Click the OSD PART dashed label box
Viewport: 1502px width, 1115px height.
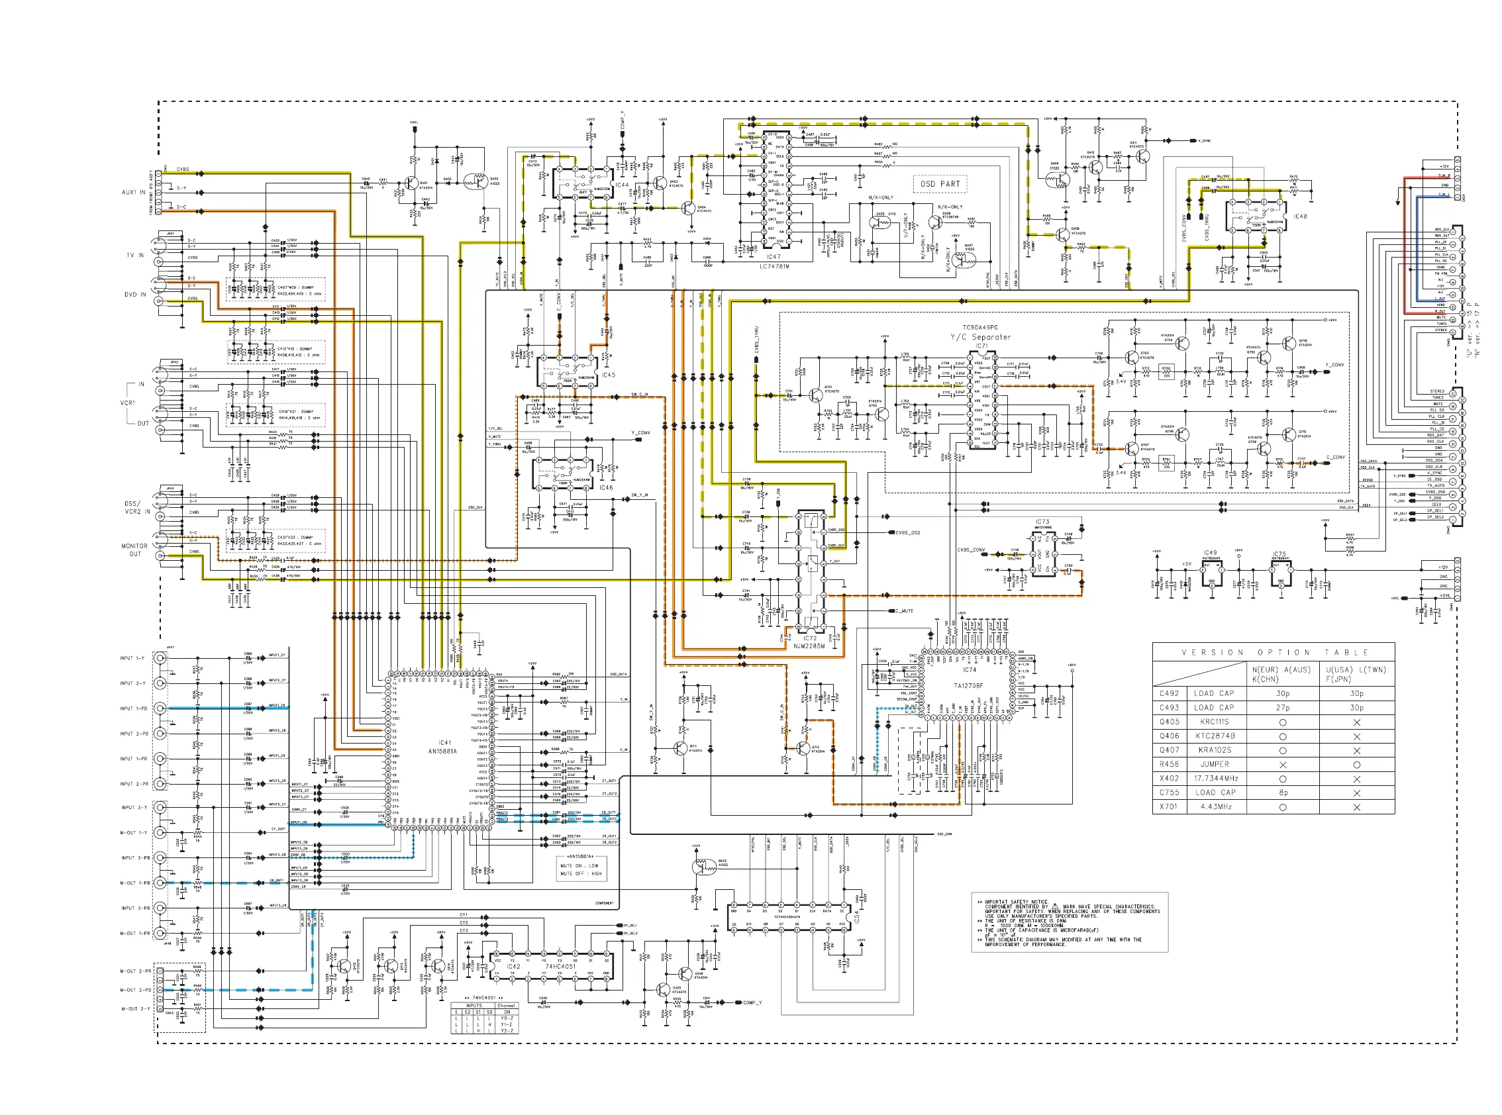[x=940, y=183]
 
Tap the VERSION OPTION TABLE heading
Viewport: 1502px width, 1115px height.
[x=1274, y=653]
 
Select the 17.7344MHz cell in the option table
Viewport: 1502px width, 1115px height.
[x=1215, y=778]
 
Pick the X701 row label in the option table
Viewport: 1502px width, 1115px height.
[x=1168, y=806]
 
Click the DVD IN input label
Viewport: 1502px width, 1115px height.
[x=135, y=294]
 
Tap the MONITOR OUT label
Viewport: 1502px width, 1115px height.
[x=134, y=550]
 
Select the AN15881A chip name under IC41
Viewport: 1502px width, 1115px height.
[x=443, y=751]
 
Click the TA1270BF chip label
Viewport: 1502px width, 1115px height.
[x=968, y=686]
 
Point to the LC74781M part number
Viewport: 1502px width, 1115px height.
[x=774, y=266]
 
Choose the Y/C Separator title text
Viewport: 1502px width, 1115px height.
[x=980, y=337]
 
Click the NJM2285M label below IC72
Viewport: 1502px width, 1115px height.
[x=809, y=646]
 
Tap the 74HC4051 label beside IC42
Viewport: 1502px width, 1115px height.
[x=560, y=967]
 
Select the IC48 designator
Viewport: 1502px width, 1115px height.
[x=1300, y=217]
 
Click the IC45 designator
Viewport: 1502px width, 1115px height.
[x=608, y=375]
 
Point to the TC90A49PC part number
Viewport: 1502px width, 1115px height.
[x=980, y=327]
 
